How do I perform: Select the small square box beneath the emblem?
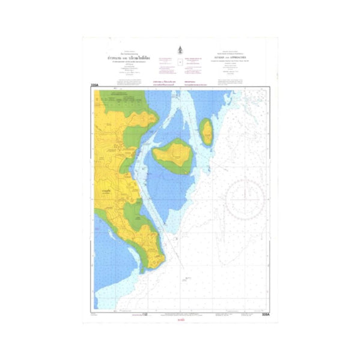[x=180, y=63]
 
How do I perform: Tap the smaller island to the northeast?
[x=207, y=131]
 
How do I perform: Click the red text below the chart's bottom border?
[x=180, y=320]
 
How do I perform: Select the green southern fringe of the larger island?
[x=177, y=169]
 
